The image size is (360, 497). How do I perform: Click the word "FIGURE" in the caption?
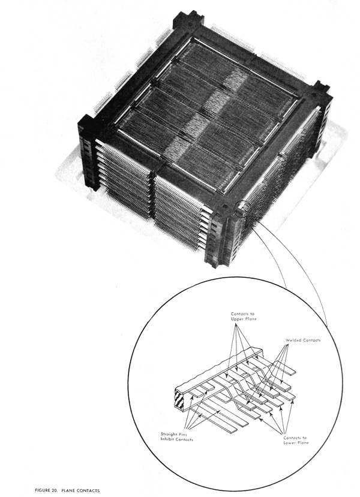coord(43,490)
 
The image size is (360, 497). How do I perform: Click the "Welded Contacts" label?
coord(303,340)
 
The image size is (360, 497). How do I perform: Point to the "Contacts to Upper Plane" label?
coord(243,317)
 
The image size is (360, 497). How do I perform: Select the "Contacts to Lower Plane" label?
coord(296,440)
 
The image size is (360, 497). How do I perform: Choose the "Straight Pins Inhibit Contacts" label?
coord(176,437)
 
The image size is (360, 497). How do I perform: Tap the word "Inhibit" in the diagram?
coord(167,439)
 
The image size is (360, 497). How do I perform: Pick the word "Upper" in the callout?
coord(237,319)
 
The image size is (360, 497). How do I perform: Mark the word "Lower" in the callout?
coord(290,442)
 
